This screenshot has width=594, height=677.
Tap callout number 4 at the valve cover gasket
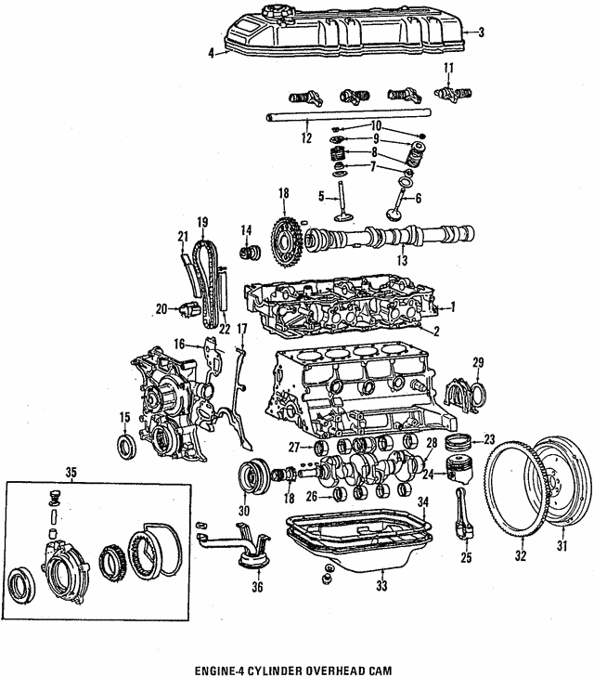click(212, 54)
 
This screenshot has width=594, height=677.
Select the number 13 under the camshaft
click(402, 262)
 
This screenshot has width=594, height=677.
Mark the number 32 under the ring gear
click(521, 556)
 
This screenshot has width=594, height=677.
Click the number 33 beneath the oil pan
click(381, 586)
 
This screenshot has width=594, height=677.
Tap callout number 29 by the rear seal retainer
click(479, 361)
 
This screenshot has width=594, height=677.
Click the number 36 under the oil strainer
click(256, 586)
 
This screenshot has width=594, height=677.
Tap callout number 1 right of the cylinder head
click(453, 307)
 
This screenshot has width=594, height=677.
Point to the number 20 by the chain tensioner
click(161, 308)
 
